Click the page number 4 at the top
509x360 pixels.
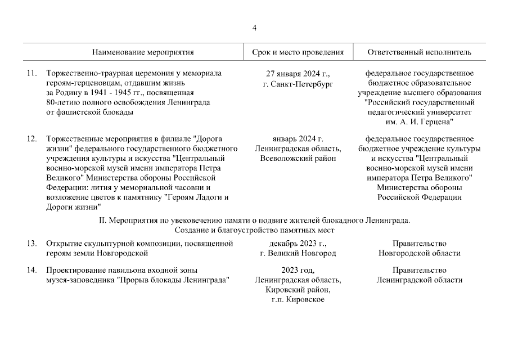pyautogui.click(x=254, y=28)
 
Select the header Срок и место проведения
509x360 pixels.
pyautogui.click(x=298, y=52)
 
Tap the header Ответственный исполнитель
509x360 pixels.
pyautogui.click(x=419, y=52)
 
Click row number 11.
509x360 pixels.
pyautogui.click(x=31, y=74)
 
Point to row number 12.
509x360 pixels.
pyautogui.click(x=31, y=139)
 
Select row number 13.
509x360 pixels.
pyautogui.click(x=31, y=244)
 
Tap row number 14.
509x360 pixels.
pyautogui.click(x=31, y=271)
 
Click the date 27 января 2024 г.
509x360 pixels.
pyautogui.click(x=298, y=74)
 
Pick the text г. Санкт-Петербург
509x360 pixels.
pyautogui.click(x=298, y=83)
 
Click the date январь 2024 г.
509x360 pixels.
pyautogui.click(x=298, y=139)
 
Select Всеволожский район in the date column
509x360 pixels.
pyautogui.click(x=298, y=158)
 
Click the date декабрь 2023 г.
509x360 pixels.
pyautogui.click(x=298, y=244)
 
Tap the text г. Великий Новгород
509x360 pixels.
pyautogui.click(x=298, y=253)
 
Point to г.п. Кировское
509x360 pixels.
pyautogui.click(x=298, y=299)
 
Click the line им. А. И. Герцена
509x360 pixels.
pyautogui.click(x=419, y=121)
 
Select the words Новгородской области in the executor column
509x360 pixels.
pyautogui.click(x=419, y=253)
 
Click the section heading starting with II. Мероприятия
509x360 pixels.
pyautogui.click(x=254, y=220)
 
